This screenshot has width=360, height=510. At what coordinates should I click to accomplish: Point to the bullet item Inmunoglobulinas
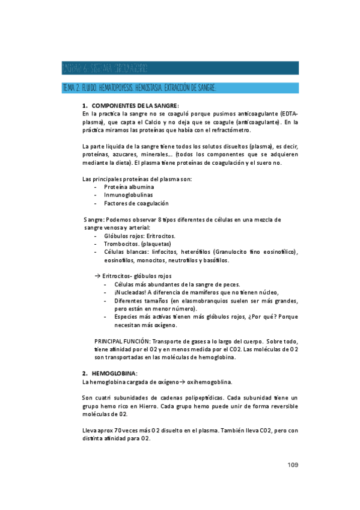click(128, 195)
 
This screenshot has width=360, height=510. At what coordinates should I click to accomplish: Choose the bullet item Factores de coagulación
click(136, 203)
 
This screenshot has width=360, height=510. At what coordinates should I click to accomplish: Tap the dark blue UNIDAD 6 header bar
click(180, 67)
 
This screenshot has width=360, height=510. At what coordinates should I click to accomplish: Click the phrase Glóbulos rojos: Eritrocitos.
click(140, 236)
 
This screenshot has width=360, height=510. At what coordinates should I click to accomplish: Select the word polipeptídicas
click(199, 398)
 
